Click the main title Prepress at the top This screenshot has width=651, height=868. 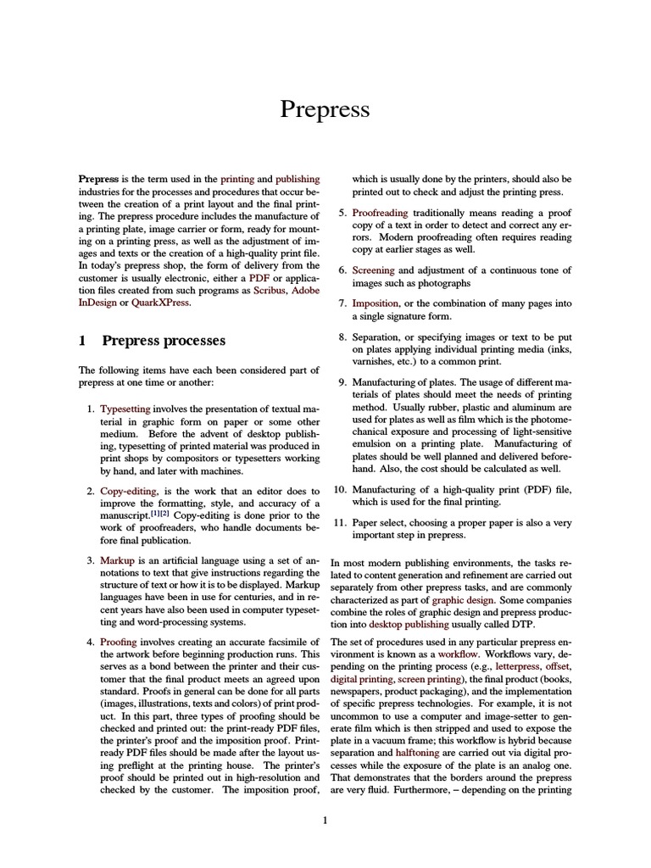(x=325, y=110)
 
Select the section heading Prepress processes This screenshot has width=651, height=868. (x=164, y=341)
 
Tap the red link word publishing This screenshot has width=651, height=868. (x=298, y=180)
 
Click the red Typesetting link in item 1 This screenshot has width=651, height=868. (x=125, y=409)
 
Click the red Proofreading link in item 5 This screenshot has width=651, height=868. (x=380, y=213)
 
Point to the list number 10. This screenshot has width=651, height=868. (x=339, y=490)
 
